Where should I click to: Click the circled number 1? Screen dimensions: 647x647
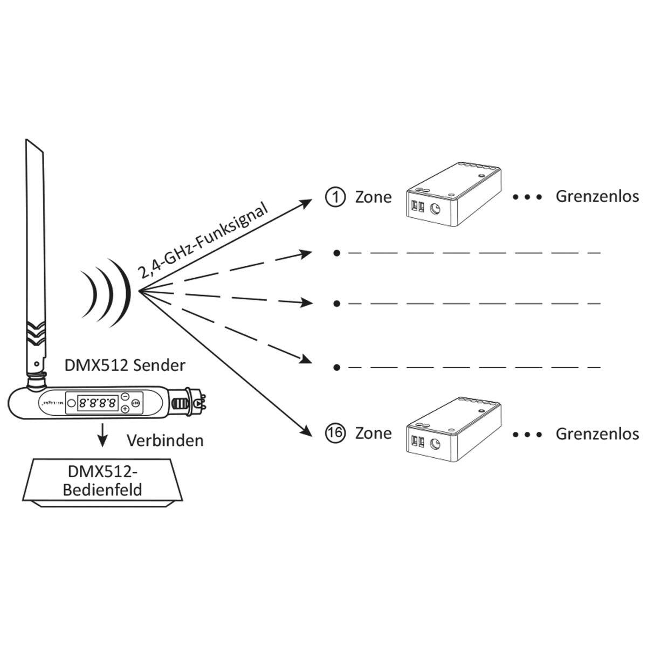pos(335,197)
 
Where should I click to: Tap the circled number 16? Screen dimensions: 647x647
pos(335,433)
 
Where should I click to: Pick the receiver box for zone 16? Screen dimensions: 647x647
pos(453,431)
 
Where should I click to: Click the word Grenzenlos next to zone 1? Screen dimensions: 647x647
pos(597,196)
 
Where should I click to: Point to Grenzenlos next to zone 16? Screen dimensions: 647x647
pos(597,433)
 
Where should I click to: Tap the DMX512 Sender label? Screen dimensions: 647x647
pos(125,366)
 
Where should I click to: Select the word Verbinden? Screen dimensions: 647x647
pos(165,440)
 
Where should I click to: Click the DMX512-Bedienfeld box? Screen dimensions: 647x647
pos(103,481)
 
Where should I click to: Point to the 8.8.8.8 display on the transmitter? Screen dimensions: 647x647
pos(98,402)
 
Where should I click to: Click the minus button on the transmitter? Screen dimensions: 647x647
pos(125,396)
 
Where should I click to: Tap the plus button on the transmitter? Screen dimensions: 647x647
pos(125,409)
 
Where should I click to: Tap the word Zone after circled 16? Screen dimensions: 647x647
pos(373,433)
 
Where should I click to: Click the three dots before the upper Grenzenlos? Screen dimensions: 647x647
pos(527,197)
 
